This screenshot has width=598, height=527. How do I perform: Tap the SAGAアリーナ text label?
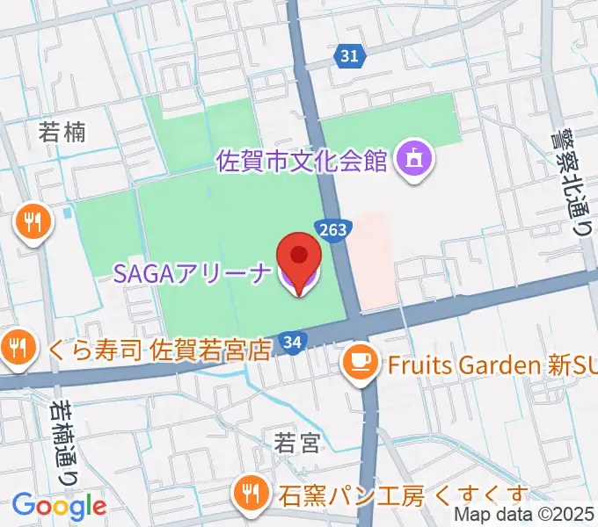[x=193, y=273]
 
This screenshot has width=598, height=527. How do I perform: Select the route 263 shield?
[x=334, y=228]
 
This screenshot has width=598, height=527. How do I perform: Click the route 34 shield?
[x=293, y=341]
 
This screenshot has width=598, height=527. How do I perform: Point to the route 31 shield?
[x=349, y=56]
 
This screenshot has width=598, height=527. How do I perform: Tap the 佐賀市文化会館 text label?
[x=302, y=162]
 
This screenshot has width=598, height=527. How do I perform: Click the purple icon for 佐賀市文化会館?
[x=412, y=161]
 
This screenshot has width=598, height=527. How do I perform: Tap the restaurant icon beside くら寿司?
[x=17, y=348]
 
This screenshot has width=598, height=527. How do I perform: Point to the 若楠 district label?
[x=62, y=133]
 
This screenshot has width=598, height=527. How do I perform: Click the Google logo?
[x=59, y=506]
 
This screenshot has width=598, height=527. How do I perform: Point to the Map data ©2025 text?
[x=524, y=516]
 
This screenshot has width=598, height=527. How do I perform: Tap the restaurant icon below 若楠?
[x=33, y=223]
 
